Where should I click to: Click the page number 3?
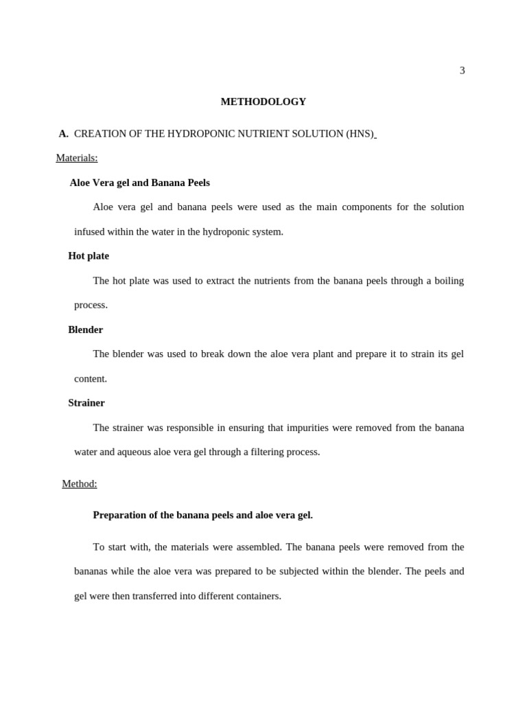(x=462, y=71)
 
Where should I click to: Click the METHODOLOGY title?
(x=263, y=102)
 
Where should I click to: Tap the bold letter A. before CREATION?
(x=63, y=134)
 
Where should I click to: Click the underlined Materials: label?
(x=77, y=158)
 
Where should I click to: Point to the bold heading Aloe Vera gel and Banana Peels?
(x=139, y=183)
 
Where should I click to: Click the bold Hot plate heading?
(x=89, y=256)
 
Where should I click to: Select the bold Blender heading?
(x=85, y=330)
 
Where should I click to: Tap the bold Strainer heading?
(x=86, y=403)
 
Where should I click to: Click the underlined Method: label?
(x=80, y=484)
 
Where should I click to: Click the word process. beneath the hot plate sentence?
(x=91, y=305)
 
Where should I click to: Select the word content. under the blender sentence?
(x=91, y=379)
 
